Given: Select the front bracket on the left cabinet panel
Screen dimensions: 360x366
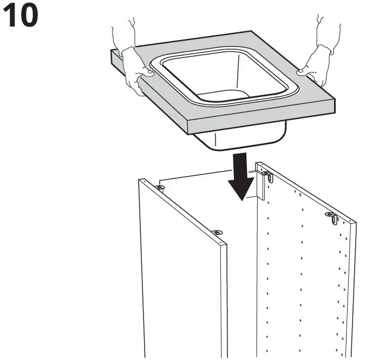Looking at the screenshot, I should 217,232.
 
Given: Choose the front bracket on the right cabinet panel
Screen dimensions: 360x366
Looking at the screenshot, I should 332,218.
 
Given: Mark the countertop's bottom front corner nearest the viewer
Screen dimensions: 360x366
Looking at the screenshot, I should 187,135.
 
